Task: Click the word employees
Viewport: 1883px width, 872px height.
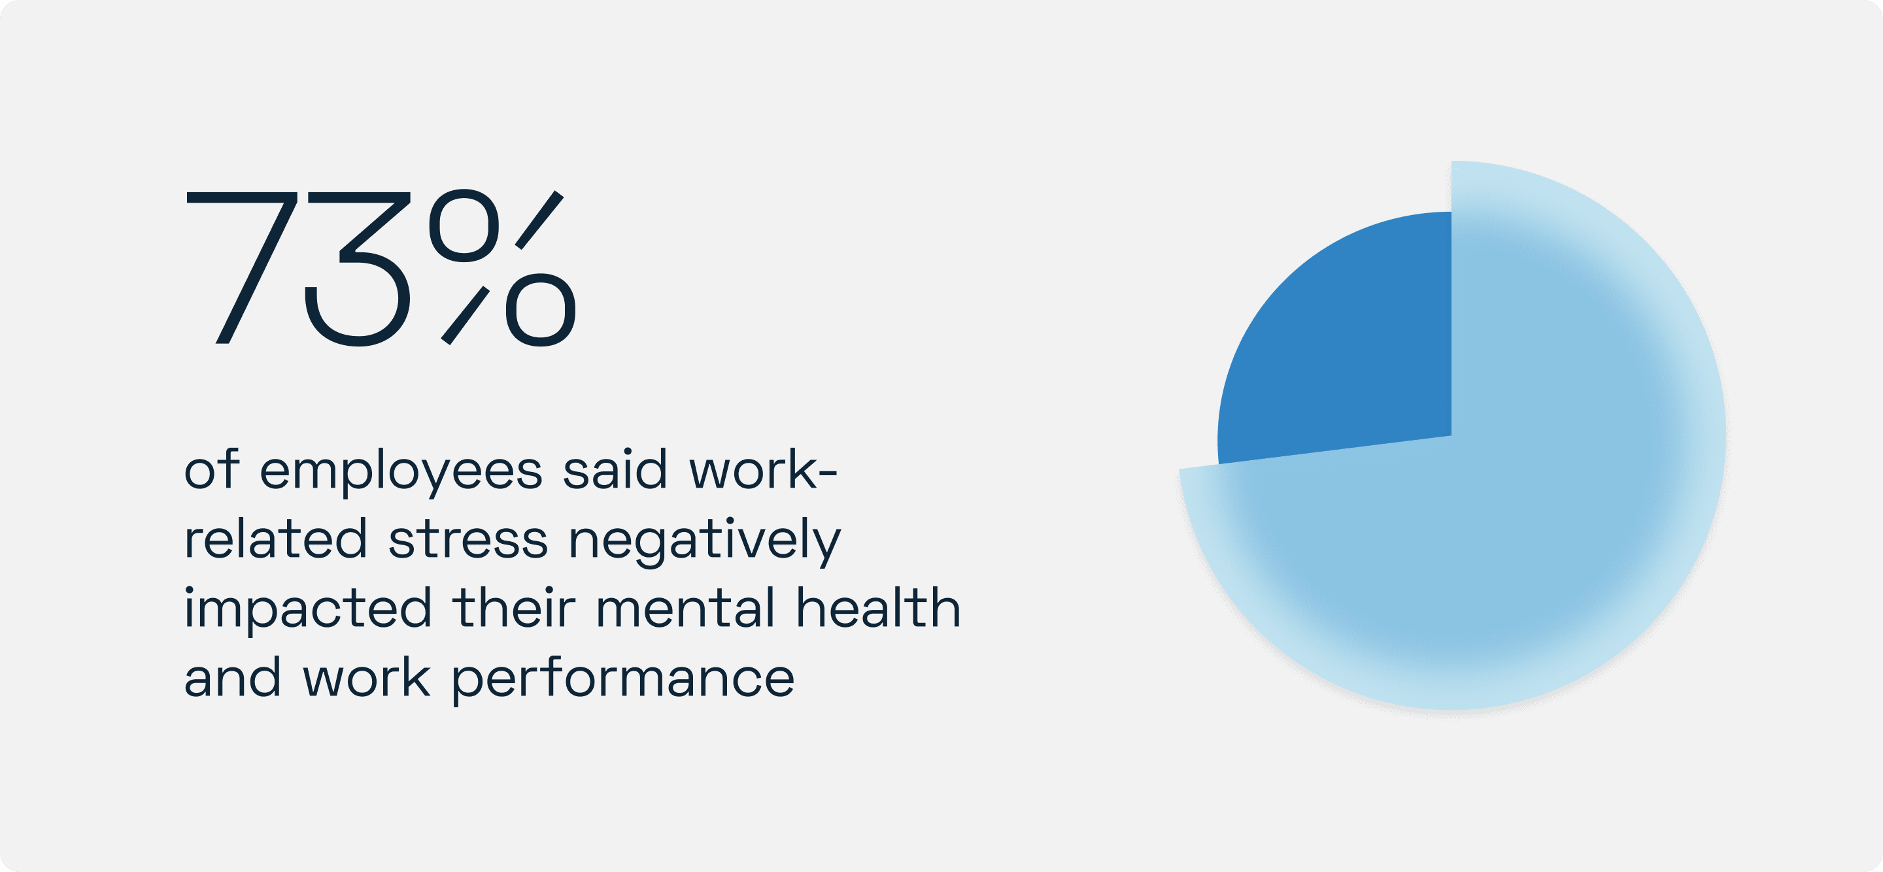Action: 401,471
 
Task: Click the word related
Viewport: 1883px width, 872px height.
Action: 275,539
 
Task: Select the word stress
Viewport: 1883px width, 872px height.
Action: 468,540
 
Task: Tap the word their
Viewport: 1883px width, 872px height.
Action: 514,608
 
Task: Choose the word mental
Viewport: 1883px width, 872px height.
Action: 686,608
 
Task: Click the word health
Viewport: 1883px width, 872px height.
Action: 878,608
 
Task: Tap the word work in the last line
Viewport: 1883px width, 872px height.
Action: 366,678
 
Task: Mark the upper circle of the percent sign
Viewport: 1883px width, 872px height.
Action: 464,225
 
